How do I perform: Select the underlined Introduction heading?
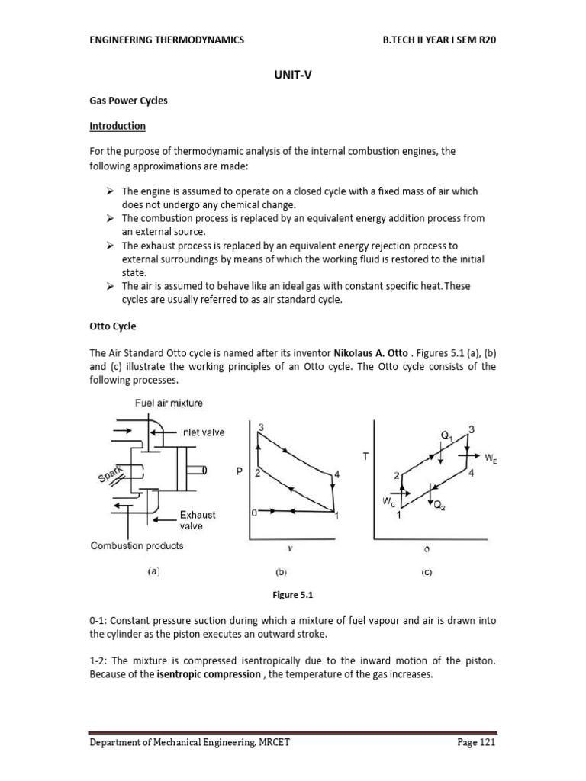coord(118,126)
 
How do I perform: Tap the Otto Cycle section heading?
coord(113,326)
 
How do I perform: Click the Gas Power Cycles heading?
coord(128,101)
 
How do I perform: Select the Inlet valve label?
coord(202,432)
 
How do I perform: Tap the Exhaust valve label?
coord(198,520)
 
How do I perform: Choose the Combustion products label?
coord(137,545)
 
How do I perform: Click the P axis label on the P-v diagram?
coord(239,473)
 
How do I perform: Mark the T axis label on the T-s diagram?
coord(365,455)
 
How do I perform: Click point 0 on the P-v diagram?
coord(254,513)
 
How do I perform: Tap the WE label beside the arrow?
coord(491,458)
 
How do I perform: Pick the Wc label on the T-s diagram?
coord(388,502)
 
